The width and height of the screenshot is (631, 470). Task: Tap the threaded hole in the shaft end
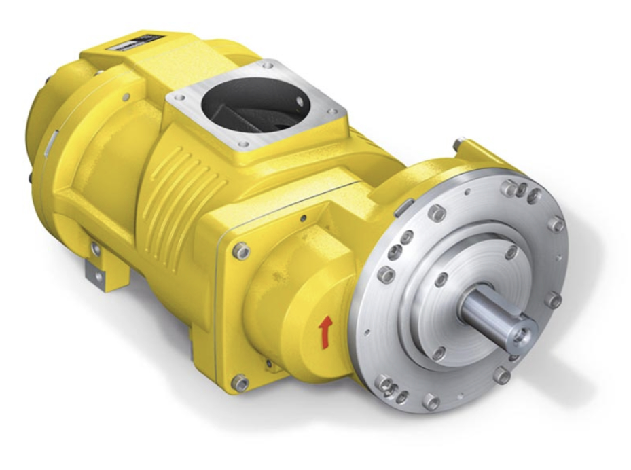tap(523, 334)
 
